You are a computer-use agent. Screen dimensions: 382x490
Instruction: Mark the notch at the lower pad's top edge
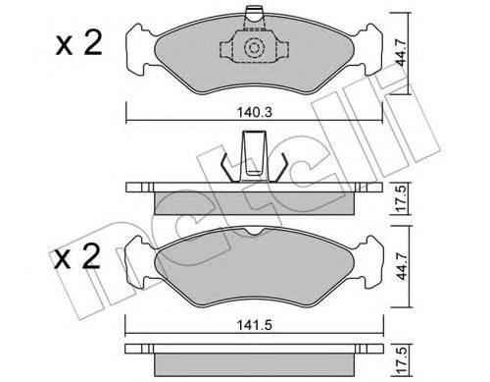click(x=256, y=232)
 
